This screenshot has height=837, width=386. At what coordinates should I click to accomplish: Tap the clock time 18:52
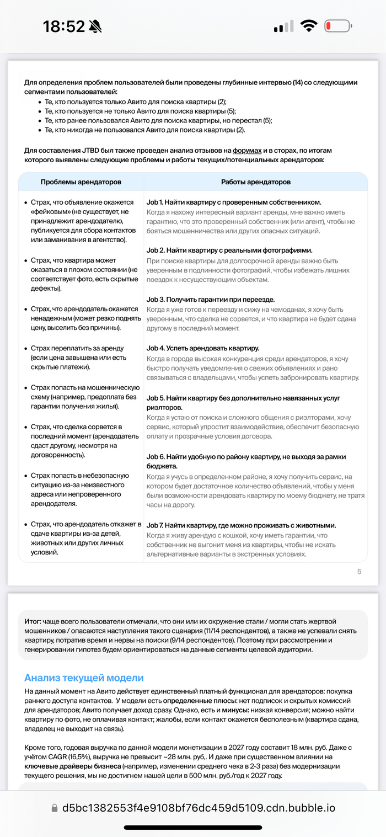pos(64,26)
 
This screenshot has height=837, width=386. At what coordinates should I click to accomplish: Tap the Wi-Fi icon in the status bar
pos(308,26)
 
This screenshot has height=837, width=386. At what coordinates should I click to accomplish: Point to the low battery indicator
pos(337,26)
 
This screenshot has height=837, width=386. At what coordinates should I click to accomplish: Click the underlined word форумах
pos(246,151)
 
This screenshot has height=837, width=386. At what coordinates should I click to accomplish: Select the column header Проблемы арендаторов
pos(81,182)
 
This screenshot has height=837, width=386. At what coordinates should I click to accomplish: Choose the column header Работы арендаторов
pos(255,182)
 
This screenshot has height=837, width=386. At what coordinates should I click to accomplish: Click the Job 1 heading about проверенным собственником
pos(234,202)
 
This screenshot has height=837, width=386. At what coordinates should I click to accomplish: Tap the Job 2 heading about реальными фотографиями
pos(229,250)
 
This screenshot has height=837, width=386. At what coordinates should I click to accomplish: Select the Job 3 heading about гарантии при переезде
pos(210,299)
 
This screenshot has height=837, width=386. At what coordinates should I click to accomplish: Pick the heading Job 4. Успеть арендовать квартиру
pos(202,348)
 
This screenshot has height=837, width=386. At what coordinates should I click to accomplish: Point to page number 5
pos(360,571)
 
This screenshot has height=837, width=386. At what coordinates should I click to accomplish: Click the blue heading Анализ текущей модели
pos(84,678)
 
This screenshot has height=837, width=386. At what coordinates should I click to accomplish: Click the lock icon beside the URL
pos(54,808)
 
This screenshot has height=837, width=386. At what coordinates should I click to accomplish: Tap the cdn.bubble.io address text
pos(198,808)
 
